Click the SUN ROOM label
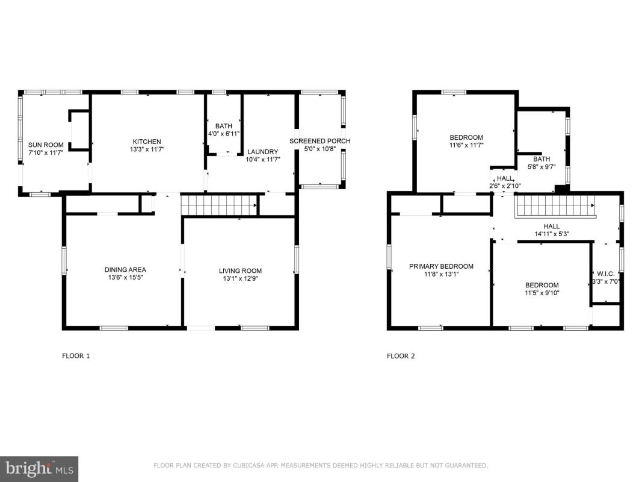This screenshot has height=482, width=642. click(46, 145)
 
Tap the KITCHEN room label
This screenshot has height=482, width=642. click(147, 142)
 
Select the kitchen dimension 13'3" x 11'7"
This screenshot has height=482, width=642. click(147, 149)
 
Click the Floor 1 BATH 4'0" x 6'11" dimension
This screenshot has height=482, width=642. click(224, 134)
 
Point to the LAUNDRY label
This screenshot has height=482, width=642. click(262, 152)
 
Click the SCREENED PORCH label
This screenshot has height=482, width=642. click(319, 141)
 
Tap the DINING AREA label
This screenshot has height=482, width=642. click(125, 270)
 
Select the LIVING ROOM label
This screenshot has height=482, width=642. click(240, 271)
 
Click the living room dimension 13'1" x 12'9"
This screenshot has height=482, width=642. click(240, 279)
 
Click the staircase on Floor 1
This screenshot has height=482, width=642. click(220, 205)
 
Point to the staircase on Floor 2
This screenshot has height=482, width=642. click(554, 205)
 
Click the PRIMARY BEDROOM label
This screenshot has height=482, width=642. click(441, 266)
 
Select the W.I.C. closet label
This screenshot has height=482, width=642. click(605, 274)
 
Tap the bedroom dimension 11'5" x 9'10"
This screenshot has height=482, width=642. click(542, 293)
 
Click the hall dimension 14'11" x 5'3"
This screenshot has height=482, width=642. click(552, 234)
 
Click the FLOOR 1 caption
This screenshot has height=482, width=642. click(76, 355)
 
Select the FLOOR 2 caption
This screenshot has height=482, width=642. click(401, 355)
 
